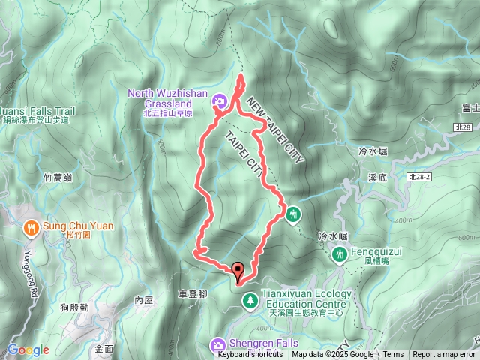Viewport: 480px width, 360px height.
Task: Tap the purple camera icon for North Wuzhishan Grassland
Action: click(x=220, y=100)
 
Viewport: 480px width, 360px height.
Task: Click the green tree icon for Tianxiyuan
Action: click(x=249, y=301)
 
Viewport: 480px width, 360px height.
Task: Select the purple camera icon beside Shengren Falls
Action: click(x=218, y=344)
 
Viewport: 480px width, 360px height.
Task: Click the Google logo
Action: click(x=28, y=349)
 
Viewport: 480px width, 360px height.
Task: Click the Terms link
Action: click(x=393, y=355)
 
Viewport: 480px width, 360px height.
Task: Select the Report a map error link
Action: click(x=443, y=355)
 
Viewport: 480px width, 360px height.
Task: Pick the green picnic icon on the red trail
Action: click(x=292, y=214)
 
